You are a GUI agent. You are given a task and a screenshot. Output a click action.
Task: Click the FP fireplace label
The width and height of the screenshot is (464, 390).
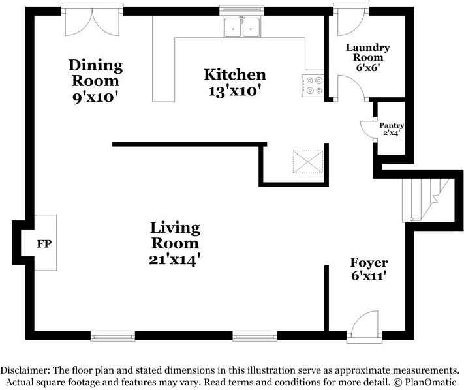coord(44,244)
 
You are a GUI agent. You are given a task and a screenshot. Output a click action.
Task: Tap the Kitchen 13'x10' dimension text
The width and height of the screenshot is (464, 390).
coord(235,91)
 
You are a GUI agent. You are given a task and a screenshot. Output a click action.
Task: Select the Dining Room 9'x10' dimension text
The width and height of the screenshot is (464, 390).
coord(95,97)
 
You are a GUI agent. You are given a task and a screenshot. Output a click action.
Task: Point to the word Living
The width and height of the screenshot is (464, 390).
coord(175,228)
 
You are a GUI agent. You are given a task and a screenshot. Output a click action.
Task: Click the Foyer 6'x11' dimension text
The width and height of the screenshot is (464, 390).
coord(369,276)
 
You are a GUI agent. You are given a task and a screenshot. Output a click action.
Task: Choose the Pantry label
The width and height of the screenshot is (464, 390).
coord(392,125)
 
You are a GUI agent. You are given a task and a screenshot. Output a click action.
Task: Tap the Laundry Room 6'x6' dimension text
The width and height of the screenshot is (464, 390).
coord(368,67)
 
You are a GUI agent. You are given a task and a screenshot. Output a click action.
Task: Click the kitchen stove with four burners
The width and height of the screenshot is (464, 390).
coord(313,85)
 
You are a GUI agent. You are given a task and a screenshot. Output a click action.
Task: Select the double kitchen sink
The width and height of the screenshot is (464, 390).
coord(242,27)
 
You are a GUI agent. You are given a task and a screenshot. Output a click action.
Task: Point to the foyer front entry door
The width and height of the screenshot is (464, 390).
coord(364,327)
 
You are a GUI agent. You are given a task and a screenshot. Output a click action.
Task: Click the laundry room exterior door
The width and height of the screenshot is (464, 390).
coord(351,20)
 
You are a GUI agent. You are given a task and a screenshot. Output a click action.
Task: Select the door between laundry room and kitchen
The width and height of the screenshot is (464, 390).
coord(351,88)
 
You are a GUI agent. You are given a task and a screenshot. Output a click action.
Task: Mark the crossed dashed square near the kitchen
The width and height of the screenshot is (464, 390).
coord(308,162)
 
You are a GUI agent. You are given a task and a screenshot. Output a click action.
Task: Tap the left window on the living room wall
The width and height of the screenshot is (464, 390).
coord(113,336)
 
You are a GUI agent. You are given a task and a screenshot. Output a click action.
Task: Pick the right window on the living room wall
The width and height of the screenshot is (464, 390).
coord(255,336)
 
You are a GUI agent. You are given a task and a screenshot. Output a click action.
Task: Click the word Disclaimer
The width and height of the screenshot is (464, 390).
coord(25,370)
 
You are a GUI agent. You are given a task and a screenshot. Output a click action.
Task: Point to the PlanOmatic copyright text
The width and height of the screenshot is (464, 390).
coord(425,382)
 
